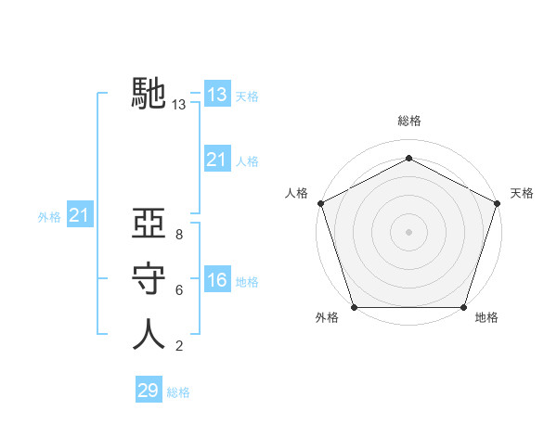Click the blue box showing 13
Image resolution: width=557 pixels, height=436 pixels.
click(x=217, y=95)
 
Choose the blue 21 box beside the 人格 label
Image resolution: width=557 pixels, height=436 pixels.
click(x=217, y=160)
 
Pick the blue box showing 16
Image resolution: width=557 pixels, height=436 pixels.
click(x=217, y=280)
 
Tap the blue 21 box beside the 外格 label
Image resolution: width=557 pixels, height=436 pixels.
click(x=80, y=215)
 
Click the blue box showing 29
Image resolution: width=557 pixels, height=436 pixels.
click(x=149, y=391)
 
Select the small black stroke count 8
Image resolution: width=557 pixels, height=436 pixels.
click(x=179, y=236)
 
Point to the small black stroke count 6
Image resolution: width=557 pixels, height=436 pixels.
click(x=179, y=290)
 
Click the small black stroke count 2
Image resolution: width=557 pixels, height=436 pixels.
click(x=179, y=346)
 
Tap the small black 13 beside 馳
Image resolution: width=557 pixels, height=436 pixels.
click(x=179, y=106)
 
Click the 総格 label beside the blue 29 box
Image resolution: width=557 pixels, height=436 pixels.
click(x=179, y=392)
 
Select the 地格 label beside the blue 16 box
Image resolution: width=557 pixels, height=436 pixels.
click(x=248, y=282)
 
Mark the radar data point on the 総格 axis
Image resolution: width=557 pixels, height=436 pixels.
click(x=408, y=158)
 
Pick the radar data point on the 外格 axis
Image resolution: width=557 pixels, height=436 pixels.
click(x=355, y=307)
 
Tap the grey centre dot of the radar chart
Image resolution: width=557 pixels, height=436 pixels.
click(x=408, y=231)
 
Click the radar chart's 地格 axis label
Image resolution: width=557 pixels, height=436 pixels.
click(x=487, y=318)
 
